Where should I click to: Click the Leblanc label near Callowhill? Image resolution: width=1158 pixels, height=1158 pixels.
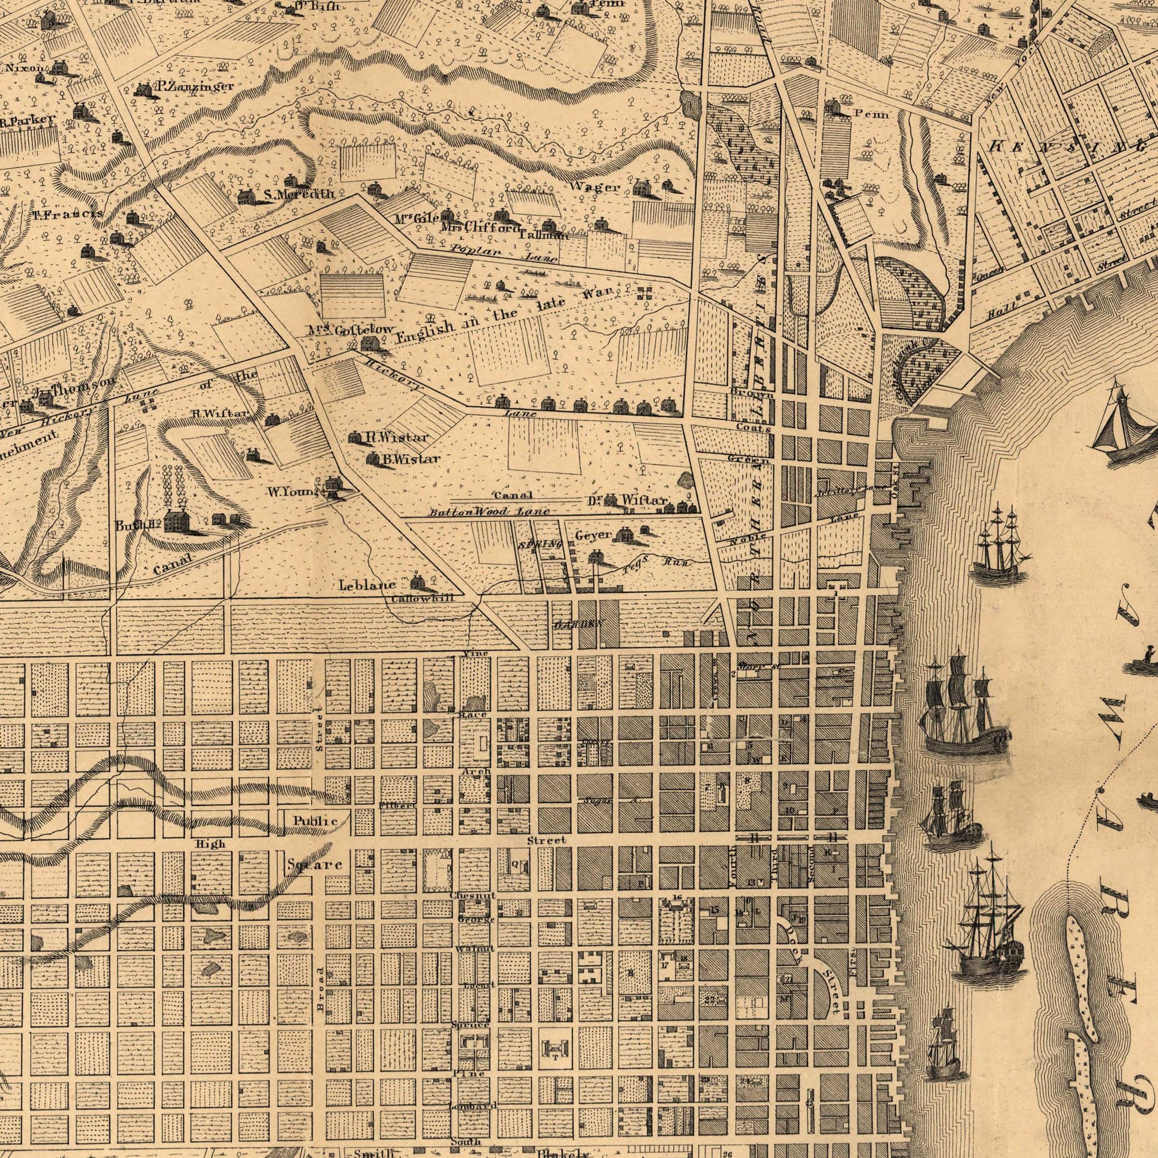(367, 584)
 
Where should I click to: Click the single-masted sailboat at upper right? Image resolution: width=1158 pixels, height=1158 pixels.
(1122, 420)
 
